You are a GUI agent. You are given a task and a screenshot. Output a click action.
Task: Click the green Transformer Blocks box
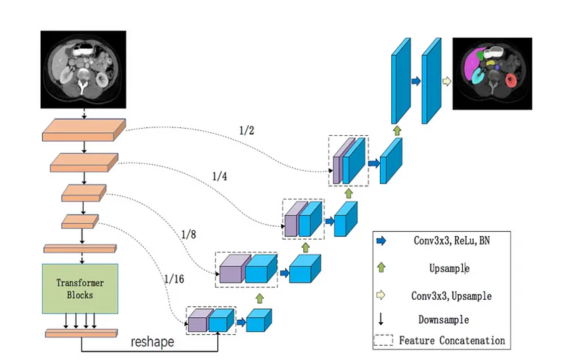pos(80,288)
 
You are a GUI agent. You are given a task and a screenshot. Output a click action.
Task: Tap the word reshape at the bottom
pos(153,342)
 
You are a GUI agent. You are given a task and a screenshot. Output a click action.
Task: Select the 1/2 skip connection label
pos(247,130)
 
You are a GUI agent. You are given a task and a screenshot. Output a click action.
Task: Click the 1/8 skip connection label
pos(188,234)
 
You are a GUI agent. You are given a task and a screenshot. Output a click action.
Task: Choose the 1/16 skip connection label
pos(173,279)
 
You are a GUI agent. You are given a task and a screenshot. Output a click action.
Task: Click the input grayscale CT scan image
pos(83,70)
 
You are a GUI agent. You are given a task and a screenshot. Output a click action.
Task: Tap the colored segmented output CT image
pos(492,73)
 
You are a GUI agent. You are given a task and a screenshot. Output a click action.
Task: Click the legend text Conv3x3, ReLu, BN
pos(451,241)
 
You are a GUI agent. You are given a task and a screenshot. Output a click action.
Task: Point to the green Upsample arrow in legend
pos(381,268)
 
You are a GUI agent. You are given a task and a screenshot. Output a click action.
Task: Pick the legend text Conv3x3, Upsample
pos(451,296)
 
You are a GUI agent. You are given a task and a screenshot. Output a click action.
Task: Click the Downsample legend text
pos(443,319)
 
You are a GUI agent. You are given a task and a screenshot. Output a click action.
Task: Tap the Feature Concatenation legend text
pos(452,341)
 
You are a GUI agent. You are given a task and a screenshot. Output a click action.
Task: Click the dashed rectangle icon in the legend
pos(383,341)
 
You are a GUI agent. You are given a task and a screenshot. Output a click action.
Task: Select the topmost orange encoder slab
pos(83,130)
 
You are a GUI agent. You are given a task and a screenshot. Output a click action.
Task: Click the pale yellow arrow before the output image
pos(446,81)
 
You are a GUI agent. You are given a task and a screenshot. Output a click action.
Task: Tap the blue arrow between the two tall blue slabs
pos(416,81)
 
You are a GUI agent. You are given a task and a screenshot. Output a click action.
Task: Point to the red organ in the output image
pos(511,80)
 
